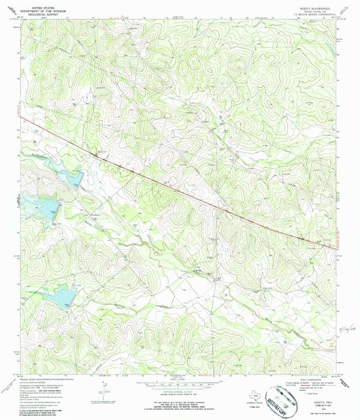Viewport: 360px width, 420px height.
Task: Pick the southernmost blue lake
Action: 61,294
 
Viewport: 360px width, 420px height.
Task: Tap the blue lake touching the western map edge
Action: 26,217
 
